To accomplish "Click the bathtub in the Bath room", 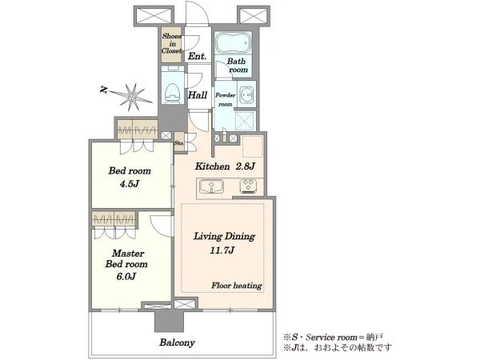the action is click(234, 43).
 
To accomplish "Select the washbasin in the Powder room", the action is click(246, 93).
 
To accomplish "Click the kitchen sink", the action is click(211, 186).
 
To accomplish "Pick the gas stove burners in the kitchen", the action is click(248, 186).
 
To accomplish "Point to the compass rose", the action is click(132, 97).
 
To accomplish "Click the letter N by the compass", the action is click(104, 90).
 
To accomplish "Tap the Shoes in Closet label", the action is click(171, 43).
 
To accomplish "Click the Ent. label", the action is click(197, 56).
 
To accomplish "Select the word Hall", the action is click(198, 95).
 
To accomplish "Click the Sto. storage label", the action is click(179, 143).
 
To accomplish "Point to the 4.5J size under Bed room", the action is click(130, 184).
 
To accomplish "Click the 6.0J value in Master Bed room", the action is click(126, 277).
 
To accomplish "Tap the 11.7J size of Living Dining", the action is click(222, 250).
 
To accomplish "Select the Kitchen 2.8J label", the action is click(225, 166).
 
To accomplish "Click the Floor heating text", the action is click(237, 286).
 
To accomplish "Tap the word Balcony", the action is click(177, 342).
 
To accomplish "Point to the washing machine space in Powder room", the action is click(246, 121).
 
